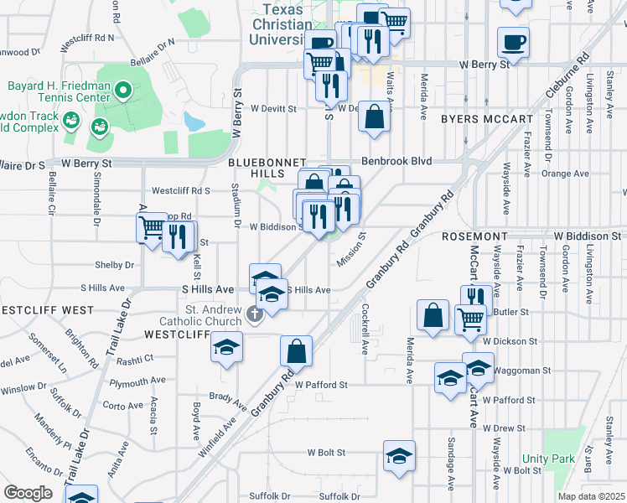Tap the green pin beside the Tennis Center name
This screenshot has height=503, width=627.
point(122,89)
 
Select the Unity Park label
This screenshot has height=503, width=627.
point(548,459)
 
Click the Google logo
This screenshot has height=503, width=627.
point(28,492)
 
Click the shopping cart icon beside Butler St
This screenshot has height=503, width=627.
point(469,319)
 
